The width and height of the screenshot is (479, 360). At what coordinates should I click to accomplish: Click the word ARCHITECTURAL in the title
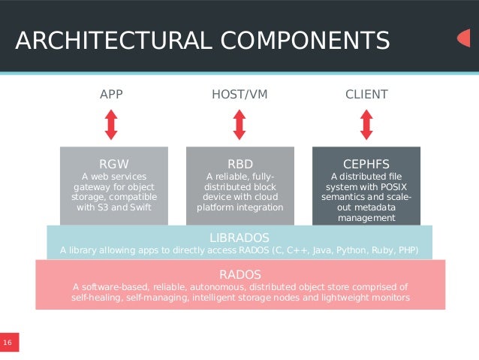(105, 40)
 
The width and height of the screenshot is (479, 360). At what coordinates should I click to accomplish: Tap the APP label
(111, 95)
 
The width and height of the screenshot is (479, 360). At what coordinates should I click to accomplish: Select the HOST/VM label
(239, 95)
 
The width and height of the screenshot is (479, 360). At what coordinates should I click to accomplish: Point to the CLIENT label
(366, 95)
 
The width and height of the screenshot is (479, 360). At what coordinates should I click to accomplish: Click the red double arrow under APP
(111, 125)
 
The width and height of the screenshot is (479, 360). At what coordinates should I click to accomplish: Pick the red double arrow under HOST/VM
(239, 125)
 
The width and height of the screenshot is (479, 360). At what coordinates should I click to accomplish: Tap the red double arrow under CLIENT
(366, 125)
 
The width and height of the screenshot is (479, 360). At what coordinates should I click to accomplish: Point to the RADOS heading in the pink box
(240, 274)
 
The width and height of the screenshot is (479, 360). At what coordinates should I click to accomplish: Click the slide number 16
(8, 343)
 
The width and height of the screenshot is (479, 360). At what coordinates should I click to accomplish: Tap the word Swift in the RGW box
(137, 207)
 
